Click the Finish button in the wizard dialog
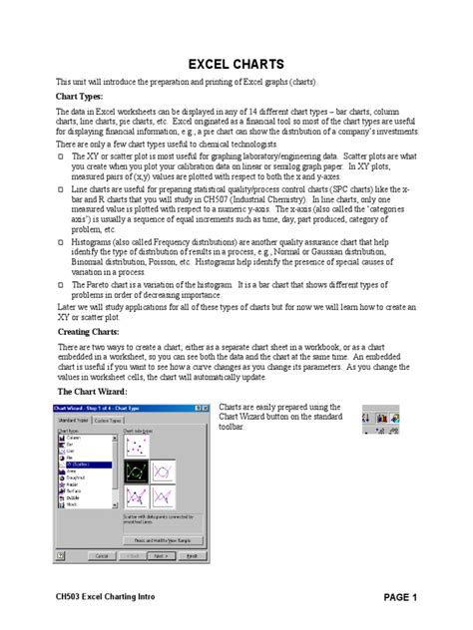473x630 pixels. (x=194, y=554)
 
